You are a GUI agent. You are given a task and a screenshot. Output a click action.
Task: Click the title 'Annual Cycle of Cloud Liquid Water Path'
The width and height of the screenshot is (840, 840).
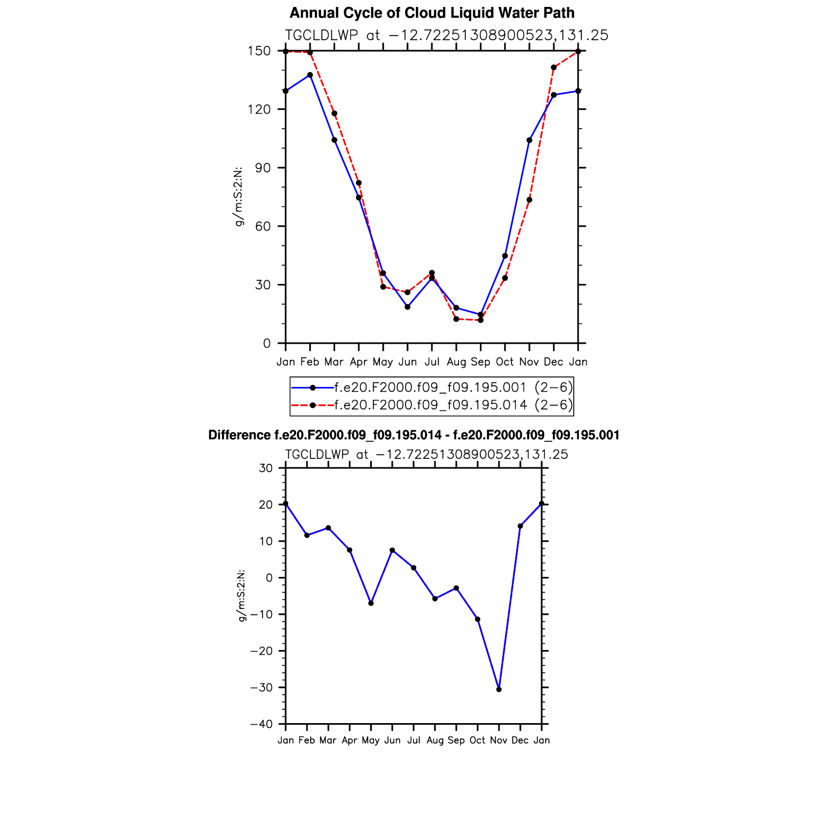tap(432, 13)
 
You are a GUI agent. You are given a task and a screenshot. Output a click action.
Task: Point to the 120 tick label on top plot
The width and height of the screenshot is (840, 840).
tap(263, 109)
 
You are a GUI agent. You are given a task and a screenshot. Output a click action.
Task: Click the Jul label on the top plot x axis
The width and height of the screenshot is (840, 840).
tap(432, 362)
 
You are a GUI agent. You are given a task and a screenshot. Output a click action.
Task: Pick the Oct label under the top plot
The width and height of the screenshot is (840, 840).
tap(505, 362)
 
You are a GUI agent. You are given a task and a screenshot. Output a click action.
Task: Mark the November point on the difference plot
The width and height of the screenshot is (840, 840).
tap(499, 690)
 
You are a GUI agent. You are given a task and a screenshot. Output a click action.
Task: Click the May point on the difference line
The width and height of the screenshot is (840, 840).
tap(371, 603)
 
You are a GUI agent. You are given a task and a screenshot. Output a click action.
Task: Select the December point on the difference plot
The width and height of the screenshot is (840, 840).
tap(520, 526)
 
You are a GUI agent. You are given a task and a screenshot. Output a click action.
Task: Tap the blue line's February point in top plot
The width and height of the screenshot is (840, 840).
tap(310, 75)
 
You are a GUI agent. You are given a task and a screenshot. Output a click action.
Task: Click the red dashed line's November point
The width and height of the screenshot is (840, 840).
tap(529, 200)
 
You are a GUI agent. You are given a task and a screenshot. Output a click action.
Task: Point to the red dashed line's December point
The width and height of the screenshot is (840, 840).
tap(553, 67)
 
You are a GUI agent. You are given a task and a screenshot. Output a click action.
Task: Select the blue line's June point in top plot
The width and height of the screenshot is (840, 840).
tap(408, 307)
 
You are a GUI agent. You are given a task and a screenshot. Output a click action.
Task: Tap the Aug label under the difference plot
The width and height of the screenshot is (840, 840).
tap(435, 740)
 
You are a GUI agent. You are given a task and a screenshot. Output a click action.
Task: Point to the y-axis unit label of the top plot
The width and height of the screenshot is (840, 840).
tap(239, 196)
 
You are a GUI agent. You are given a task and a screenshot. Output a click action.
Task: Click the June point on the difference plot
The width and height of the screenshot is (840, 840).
tap(392, 550)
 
